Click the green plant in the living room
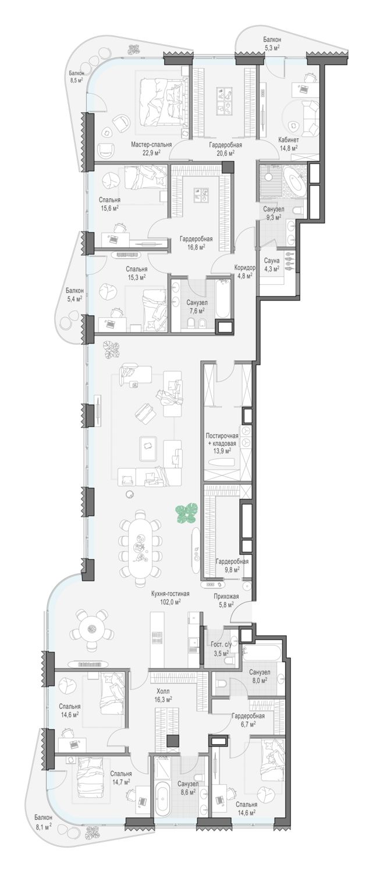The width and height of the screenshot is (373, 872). tap(186, 513)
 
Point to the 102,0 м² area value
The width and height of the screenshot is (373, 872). tap(170, 602)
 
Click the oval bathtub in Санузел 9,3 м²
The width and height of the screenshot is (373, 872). tap(294, 182)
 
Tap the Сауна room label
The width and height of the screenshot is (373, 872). tap(271, 261)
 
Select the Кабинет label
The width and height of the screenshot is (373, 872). tap(288, 140)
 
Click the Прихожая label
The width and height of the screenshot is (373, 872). tap(226, 596)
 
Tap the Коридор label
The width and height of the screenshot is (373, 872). tap(245, 268)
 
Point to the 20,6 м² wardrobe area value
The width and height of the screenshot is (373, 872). tap(225, 153)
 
